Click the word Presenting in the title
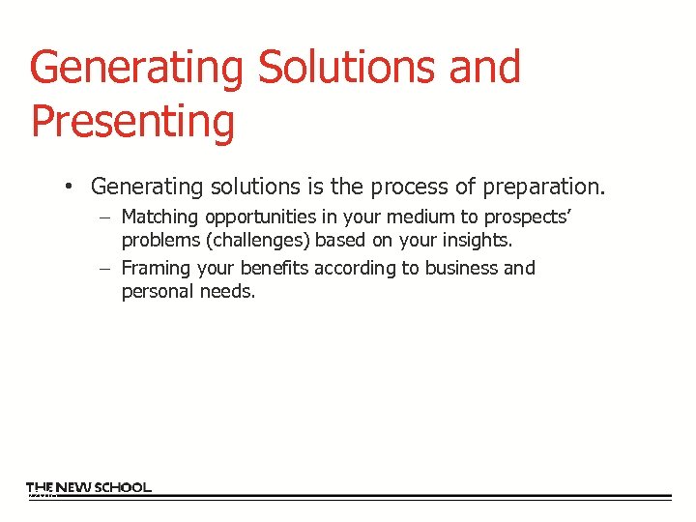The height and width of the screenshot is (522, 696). (x=132, y=122)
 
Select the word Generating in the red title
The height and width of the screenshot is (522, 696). (x=136, y=68)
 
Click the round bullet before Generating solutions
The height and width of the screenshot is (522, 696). (x=71, y=186)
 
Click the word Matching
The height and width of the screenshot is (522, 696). (x=160, y=217)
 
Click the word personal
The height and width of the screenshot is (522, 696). (x=158, y=291)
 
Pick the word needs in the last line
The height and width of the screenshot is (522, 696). (x=227, y=291)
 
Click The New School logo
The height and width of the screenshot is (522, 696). (x=88, y=488)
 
